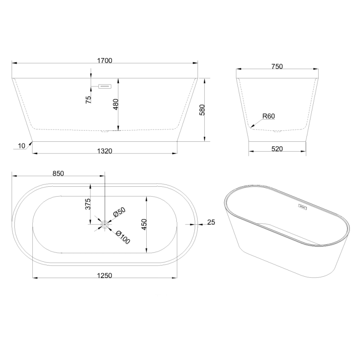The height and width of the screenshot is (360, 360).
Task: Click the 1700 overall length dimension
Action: (x=104, y=61)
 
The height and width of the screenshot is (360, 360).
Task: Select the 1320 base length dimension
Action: (x=104, y=151)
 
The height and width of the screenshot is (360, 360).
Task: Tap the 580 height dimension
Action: (x=202, y=110)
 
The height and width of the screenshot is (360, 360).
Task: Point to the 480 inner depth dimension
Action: (x=116, y=104)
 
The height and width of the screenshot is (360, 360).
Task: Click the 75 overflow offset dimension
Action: (x=88, y=99)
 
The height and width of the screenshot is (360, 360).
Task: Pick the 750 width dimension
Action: (x=277, y=67)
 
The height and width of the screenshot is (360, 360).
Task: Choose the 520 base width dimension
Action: (x=277, y=149)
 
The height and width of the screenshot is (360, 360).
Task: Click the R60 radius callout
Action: (x=268, y=116)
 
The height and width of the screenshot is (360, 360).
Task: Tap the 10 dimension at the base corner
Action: (x=21, y=146)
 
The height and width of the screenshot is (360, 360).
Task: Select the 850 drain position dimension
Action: (x=58, y=173)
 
